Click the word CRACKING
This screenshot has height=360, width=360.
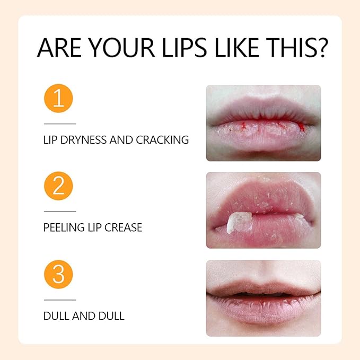[x=162, y=141]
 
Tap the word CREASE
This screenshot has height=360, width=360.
[x=124, y=228]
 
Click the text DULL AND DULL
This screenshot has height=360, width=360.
[x=84, y=316]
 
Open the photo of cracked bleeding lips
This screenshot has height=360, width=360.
[x=264, y=123]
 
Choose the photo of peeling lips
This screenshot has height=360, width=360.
[x=264, y=210]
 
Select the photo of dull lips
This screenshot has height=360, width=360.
[x=264, y=298]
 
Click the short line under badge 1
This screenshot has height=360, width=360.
[x=59, y=124]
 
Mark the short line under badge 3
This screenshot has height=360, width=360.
[x=59, y=300]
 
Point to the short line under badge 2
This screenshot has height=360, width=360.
[x=59, y=212]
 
